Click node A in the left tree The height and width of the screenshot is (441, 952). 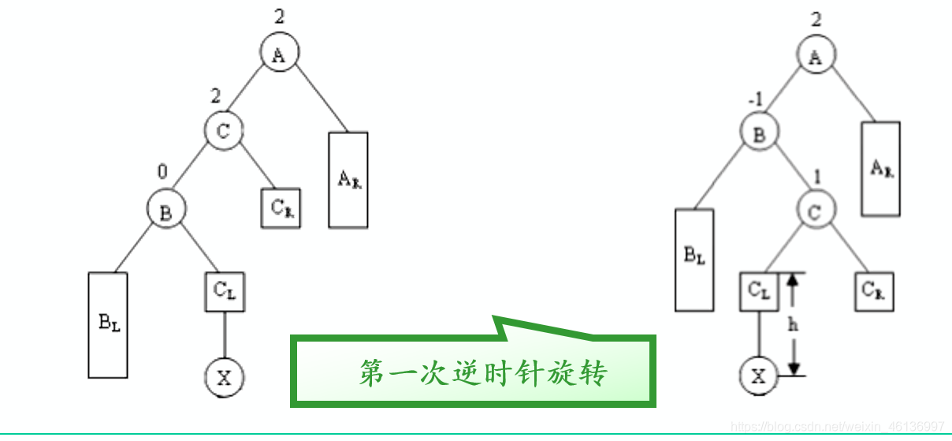[279, 55]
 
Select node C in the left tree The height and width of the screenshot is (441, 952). [224, 131]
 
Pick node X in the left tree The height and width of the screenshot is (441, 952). [224, 376]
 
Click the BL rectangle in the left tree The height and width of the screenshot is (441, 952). [108, 324]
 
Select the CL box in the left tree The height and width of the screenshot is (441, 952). [224, 291]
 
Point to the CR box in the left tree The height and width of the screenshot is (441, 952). [281, 208]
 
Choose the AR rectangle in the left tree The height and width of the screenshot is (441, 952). [348, 180]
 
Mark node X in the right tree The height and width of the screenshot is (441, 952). [758, 376]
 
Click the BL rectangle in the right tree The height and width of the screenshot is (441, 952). [694, 260]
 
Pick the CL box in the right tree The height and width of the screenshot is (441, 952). [758, 291]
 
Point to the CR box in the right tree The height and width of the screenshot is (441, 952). [875, 291]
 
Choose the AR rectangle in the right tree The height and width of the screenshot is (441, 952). [881, 169]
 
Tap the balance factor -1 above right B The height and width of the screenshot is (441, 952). [755, 100]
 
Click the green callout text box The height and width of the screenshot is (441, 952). [473, 372]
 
